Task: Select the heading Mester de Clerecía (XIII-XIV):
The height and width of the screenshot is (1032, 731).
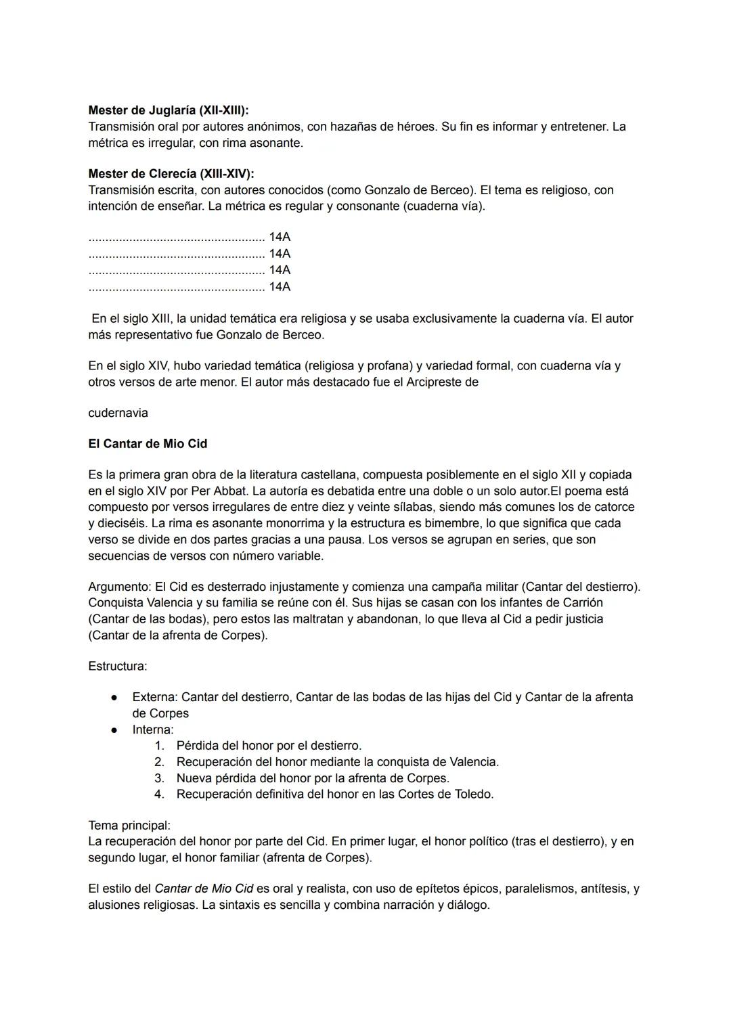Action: pyautogui.click(x=171, y=174)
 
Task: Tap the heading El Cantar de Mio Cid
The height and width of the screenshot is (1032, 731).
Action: pyautogui.click(x=148, y=444)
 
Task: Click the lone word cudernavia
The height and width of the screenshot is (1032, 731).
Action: pyautogui.click(x=118, y=413)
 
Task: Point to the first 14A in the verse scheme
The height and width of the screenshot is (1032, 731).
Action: pyautogui.click(x=280, y=238)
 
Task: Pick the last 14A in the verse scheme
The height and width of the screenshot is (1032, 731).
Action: pyautogui.click(x=280, y=287)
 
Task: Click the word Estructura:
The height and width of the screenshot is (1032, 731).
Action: pyautogui.click(x=117, y=666)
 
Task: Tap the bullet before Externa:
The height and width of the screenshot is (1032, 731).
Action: pyautogui.click(x=115, y=697)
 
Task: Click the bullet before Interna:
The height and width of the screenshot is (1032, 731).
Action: pyautogui.click(x=115, y=730)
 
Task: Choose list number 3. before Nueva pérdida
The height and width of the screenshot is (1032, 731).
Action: pyautogui.click(x=160, y=778)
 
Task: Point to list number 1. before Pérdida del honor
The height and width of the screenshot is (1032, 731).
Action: pyautogui.click(x=160, y=746)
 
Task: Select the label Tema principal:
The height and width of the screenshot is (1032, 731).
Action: pyautogui.click(x=129, y=826)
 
